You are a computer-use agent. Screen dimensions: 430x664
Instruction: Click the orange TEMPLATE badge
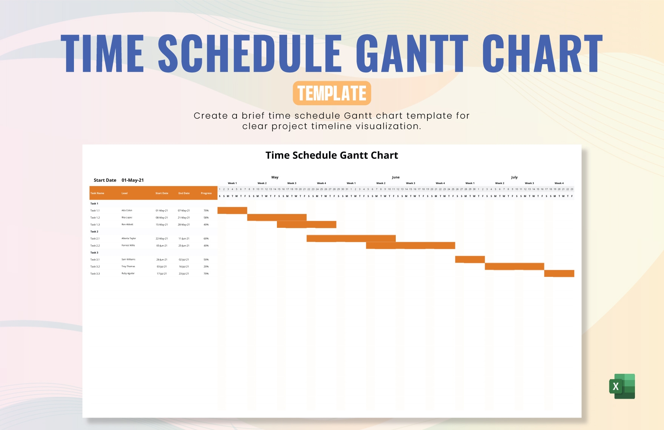point(332,93)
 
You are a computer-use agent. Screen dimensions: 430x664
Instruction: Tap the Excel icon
point(622,386)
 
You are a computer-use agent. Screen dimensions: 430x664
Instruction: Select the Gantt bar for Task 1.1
point(232,210)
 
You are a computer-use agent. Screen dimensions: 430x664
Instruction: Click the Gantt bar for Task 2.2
point(410,246)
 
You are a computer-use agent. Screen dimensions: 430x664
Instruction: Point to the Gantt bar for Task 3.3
point(559,273)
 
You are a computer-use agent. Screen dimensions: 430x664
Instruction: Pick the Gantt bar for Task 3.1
point(470,260)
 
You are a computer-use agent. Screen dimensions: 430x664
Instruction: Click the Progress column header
point(206,193)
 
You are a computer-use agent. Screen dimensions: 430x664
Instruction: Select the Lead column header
point(124,193)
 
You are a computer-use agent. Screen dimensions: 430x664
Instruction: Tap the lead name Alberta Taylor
point(129,238)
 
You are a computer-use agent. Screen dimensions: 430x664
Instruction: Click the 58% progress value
point(206,218)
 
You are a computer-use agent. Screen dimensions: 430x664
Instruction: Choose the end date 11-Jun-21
point(184,239)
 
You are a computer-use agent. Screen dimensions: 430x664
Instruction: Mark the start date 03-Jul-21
point(161,267)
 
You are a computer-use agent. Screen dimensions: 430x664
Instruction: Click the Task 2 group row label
point(94,232)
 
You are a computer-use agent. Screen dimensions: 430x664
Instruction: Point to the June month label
point(395,177)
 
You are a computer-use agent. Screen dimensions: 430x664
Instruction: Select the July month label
point(514,177)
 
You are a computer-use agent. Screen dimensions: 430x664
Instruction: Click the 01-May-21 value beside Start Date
point(132,180)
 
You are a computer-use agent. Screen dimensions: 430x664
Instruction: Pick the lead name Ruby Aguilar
point(128,273)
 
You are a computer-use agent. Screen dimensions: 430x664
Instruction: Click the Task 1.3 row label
point(95,225)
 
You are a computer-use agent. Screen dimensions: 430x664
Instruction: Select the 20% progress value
point(206,267)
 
